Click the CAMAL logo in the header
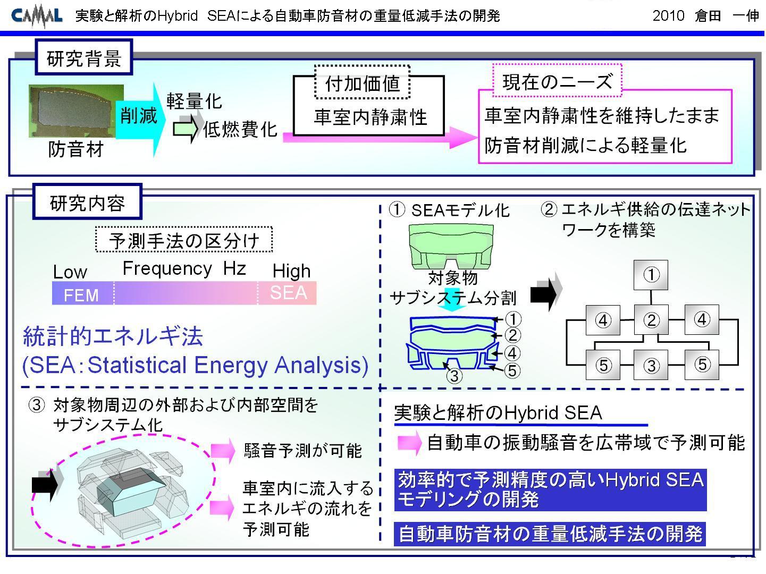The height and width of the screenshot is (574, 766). click(37, 16)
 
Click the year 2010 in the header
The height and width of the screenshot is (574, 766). click(668, 16)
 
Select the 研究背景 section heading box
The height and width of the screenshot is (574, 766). click(84, 57)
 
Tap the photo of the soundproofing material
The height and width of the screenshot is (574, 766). click(76, 111)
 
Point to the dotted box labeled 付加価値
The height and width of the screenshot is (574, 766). click(362, 82)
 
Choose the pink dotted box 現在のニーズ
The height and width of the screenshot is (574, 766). click(557, 81)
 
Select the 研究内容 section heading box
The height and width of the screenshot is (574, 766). click(87, 202)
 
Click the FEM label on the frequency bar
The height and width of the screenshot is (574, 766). click(81, 295)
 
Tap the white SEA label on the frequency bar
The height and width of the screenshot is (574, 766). click(288, 292)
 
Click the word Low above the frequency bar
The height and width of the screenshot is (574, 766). click(70, 272)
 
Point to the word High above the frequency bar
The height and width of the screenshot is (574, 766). click(291, 271)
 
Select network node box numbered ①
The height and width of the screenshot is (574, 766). click(651, 275)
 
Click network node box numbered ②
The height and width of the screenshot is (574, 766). click(651, 319)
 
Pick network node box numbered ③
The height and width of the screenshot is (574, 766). click(651, 365)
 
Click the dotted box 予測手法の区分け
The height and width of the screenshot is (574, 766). click(184, 240)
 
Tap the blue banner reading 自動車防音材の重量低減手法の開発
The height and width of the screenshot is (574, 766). click(550, 534)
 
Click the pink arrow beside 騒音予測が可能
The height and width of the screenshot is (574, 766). click(223, 450)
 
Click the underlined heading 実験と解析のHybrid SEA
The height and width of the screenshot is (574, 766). click(498, 413)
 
